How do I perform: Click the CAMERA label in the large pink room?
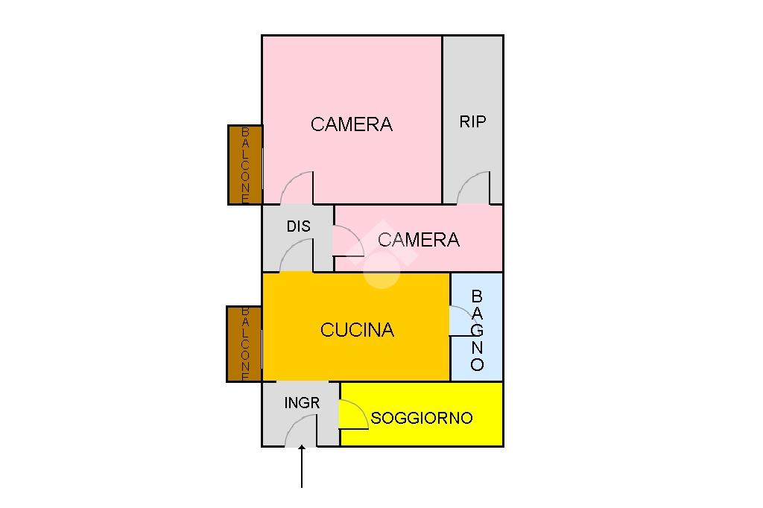click(x=351, y=124)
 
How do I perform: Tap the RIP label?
click(x=472, y=121)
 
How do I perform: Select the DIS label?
click(x=298, y=226)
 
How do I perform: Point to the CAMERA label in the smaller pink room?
click(x=418, y=240)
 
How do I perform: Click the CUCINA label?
click(x=357, y=330)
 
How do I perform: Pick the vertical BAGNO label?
click(x=477, y=330)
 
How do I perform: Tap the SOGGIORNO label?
click(x=422, y=418)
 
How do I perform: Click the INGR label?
click(x=302, y=403)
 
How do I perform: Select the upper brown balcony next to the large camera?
click(x=245, y=165)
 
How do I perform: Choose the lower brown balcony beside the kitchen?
click(x=244, y=344)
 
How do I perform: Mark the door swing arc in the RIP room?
click(x=474, y=188)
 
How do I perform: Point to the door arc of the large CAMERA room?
click(x=297, y=188)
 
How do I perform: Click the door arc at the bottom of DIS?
click(x=297, y=256)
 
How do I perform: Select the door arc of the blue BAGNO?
click(x=460, y=321)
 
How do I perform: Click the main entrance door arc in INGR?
click(x=301, y=431)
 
